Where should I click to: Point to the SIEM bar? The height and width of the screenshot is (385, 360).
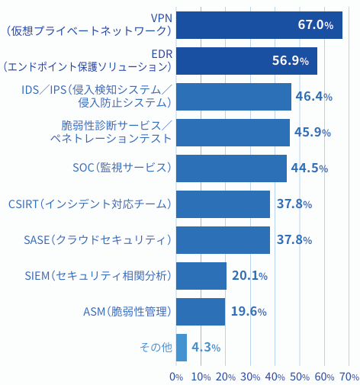[x=201, y=276]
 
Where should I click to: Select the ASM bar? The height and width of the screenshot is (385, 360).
[x=201, y=312]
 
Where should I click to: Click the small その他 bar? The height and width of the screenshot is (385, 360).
[x=182, y=348]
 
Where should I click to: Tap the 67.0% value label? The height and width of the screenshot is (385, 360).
[x=315, y=25]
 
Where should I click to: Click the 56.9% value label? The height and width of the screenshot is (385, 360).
[x=290, y=61]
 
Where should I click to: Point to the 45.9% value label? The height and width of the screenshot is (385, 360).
[x=312, y=133]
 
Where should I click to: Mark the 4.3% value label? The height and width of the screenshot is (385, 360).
[x=206, y=348]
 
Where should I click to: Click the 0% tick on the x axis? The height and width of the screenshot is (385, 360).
[x=176, y=377]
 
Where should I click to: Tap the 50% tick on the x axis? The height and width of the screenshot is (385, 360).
[x=300, y=377]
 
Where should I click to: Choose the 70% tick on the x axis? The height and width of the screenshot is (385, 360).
[x=349, y=377]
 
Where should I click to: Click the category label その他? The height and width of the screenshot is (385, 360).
[x=156, y=348]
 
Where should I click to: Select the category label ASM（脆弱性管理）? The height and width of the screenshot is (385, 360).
[x=127, y=312]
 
